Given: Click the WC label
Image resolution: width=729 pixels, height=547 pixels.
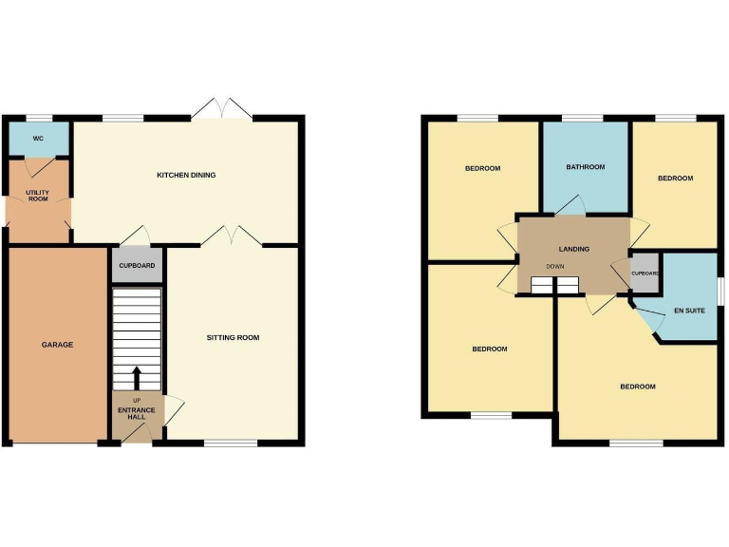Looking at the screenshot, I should pos(38,139).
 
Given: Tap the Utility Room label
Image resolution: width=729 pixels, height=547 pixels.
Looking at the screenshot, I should pos(38,198).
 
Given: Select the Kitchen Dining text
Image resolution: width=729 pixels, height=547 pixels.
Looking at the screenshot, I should pos(186,175).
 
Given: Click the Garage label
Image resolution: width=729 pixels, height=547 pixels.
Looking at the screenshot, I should pos(57,345).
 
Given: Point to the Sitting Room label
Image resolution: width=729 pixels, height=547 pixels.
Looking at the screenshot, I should pos(234,337).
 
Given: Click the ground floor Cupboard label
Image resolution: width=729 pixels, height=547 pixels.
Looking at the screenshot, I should pos(138,266).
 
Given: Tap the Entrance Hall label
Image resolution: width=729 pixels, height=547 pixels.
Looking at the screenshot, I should pos(137,414).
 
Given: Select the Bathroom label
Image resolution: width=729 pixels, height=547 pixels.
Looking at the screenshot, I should pos(585,167).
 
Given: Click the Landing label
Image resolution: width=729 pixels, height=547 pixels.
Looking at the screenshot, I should pos(573,249).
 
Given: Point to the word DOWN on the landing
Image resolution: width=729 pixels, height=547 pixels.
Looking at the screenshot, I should pos(554,267).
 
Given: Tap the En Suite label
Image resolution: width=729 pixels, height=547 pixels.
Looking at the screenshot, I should pos(689,311).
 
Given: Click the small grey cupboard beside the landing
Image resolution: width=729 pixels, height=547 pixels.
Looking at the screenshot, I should pos(645,273).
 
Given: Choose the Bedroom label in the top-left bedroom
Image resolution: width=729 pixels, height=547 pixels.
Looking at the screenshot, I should pos(482,168).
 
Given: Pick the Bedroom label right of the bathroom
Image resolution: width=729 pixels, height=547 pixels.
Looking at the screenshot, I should pos(675,178).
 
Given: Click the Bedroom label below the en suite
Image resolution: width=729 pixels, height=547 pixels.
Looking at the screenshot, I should pos(638,387).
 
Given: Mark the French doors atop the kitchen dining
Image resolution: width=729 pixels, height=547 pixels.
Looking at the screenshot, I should pos(221,110).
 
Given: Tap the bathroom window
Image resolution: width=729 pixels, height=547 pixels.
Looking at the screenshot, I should pos(583,118).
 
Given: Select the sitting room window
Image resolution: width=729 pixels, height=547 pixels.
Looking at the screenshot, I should pos(231,443).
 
